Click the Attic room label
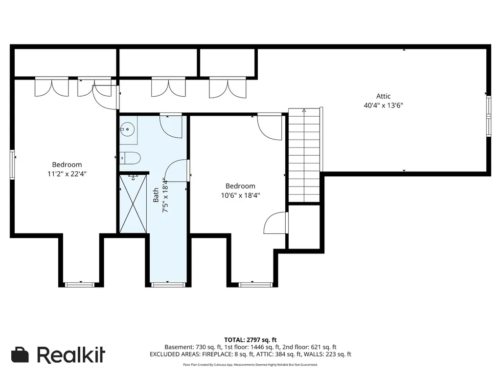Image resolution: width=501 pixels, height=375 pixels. click(x=383, y=96)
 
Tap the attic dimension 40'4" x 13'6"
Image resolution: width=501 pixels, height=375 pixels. click(x=383, y=105)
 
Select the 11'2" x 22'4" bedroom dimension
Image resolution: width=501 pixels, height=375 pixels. click(x=67, y=174)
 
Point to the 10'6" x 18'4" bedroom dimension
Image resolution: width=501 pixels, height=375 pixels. click(x=240, y=195)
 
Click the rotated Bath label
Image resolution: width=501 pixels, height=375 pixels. click(x=156, y=195)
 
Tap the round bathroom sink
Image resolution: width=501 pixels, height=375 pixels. click(x=128, y=129)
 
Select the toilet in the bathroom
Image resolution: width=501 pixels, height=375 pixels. click(x=130, y=158)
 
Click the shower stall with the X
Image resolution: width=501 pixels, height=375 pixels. click(x=133, y=204)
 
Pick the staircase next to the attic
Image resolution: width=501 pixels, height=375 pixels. click(x=304, y=155)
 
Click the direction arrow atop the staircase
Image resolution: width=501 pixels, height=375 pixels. click(x=304, y=110)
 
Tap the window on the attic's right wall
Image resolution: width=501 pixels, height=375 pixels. click(x=489, y=116)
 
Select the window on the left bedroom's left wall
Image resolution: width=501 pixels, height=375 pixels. click(x=12, y=165)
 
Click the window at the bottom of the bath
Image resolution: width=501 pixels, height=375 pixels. click(x=168, y=285)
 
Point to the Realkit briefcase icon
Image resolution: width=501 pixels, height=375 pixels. click(x=20, y=354)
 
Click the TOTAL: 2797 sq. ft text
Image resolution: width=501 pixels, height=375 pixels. click(x=250, y=340)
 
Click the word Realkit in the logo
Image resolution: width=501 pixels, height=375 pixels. click(x=71, y=354)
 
